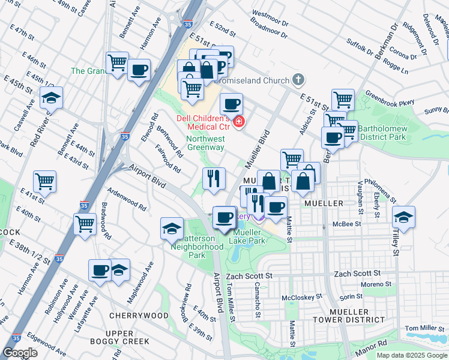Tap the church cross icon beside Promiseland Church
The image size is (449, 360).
(298, 80)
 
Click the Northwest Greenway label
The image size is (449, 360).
(205, 143)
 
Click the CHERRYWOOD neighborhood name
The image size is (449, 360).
(139, 315)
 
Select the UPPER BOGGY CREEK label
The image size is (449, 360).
(127, 338)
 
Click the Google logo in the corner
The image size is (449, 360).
(20, 352)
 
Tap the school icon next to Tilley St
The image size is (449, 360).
(403, 218)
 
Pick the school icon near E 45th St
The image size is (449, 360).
(51, 98)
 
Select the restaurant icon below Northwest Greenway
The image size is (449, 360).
(214, 178)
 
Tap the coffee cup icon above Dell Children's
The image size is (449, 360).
(231, 104)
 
